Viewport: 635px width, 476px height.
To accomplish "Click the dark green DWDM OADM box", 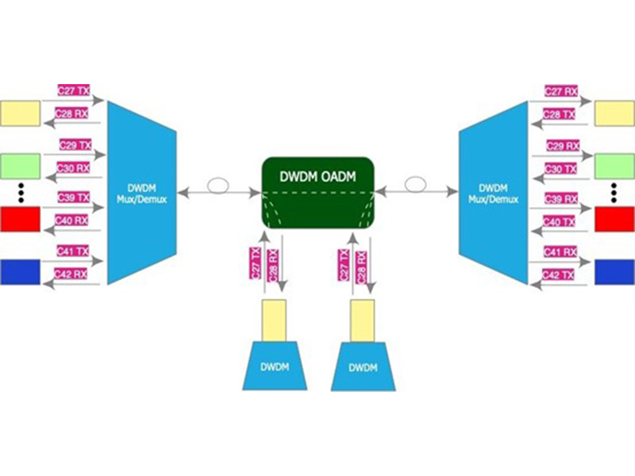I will pyautogui.click(x=318, y=191).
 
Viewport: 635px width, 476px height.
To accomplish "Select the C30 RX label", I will pyautogui.click(x=72, y=168).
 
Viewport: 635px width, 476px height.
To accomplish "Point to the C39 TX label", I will pyautogui.click(x=74, y=198).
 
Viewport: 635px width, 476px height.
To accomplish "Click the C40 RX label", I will pyautogui.click(x=71, y=221).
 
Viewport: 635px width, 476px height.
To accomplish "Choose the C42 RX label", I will pyautogui.click(x=71, y=274).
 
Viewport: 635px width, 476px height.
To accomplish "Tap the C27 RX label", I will pyautogui.click(x=560, y=91).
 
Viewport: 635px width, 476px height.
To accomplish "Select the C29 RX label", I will pyautogui.click(x=564, y=146).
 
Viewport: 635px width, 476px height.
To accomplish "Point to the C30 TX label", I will pyautogui.click(x=561, y=169).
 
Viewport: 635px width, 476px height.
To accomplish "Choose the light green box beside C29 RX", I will pyautogui.click(x=614, y=166).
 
